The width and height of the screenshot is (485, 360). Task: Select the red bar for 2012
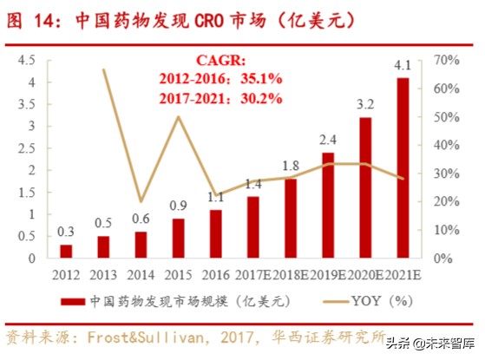[66, 251]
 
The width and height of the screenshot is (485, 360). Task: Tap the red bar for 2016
[215, 233]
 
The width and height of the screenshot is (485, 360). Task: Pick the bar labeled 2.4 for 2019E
[328, 205]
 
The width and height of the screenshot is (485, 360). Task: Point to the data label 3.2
[364, 104]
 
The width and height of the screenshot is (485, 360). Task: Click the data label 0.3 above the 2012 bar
[66, 232]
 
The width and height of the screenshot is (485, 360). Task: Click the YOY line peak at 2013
[104, 69]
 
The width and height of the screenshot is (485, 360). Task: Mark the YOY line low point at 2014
[141, 201]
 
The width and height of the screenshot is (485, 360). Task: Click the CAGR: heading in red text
[220, 62]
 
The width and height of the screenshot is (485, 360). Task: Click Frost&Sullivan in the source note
[152, 337]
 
